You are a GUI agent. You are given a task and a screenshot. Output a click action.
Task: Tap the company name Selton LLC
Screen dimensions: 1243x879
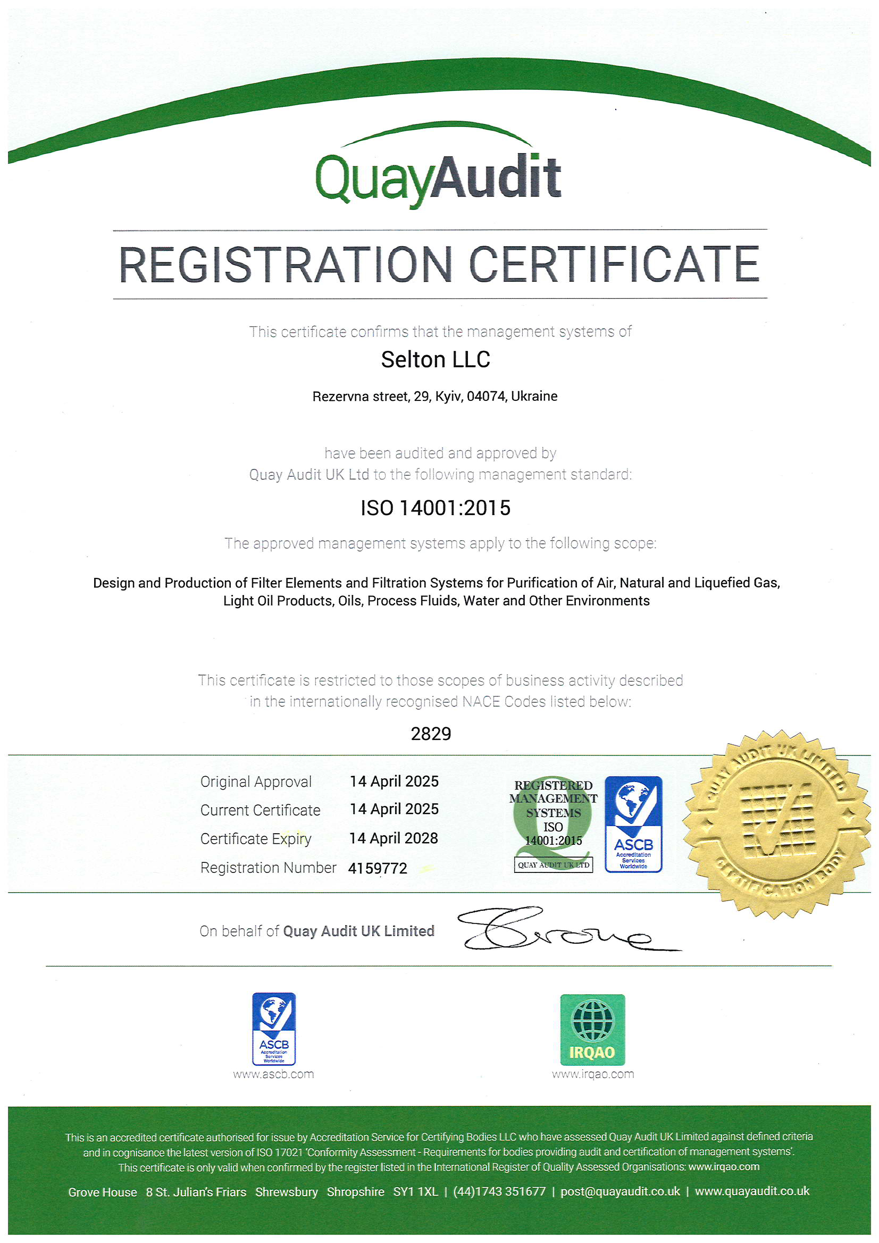pyautogui.click(x=436, y=359)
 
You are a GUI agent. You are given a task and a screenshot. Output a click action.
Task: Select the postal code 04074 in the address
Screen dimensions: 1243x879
pyautogui.click(x=485, y=396)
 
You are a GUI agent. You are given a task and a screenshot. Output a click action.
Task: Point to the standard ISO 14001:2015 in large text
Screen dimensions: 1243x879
pyautogui.click(x=436, y=508)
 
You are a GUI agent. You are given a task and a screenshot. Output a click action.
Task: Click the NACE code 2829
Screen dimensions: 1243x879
pyautogui.click(x=431, y=734)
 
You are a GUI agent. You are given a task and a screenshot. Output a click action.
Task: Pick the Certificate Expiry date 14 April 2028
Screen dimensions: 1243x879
pyautogui.click(x=393, y=838)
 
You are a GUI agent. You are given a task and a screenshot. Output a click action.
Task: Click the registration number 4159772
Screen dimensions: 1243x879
pyautogui.click(x=378, y=868)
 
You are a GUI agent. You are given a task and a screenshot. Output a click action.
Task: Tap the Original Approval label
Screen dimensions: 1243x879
pyautogui.click(x=256, y=782)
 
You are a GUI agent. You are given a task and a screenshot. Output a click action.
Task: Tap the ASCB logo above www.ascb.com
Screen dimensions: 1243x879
pyautogui.click(x=273, y=1029)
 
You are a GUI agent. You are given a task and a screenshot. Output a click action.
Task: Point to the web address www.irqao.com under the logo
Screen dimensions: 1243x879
pyautogui.click(x=592, y=1074)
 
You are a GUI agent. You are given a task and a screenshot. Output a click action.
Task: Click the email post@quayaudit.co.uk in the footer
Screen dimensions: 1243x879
pyautogui.click(x=620, y=1191)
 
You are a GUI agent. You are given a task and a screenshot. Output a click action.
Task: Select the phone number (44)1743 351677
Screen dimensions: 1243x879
pyautogui.click(x=499, y=1191)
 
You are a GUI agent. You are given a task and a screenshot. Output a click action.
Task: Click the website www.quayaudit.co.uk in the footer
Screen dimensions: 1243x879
pyautogui.click(x=752, y=1191)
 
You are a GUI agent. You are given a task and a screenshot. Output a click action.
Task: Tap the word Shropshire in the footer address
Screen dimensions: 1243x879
pyautogui.click(x=355, y=1191)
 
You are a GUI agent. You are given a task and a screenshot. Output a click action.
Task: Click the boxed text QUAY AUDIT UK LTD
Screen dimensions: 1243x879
pyautogui.click(x=553, y=864)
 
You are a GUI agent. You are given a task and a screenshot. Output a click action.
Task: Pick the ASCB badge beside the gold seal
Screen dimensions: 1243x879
pyautogui.click(x=633, y=824)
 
